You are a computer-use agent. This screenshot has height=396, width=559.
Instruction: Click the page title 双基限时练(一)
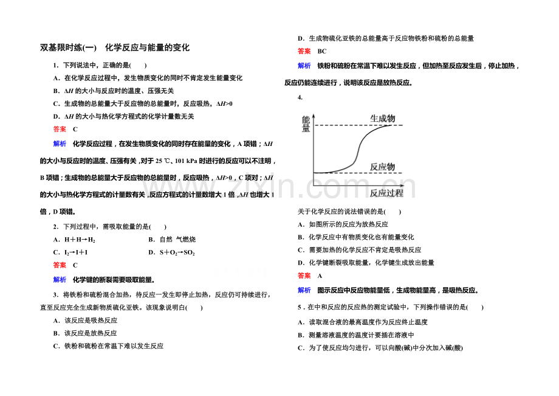point(68,48)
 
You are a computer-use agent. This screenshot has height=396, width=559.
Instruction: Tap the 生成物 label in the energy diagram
point(383,119)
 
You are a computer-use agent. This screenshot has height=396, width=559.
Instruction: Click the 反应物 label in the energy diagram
point(382,167)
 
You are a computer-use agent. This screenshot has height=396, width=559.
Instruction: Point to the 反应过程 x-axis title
point(386,193)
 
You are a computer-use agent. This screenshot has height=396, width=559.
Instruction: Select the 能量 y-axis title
point(306,124)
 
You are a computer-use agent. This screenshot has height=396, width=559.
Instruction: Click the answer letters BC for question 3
point(322,51)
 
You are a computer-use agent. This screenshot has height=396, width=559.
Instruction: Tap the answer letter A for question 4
point(320,276)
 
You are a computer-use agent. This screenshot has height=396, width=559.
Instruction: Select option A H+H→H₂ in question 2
point(74,240)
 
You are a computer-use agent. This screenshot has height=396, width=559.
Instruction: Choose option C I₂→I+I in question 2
point(70,252)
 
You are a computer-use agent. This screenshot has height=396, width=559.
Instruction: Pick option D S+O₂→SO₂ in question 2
point(171,252)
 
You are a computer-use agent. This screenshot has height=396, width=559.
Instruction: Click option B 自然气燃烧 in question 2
point(172,240)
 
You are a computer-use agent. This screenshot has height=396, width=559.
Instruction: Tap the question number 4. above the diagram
point(300,97)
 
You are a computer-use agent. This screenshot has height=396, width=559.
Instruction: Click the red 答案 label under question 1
point(60,129)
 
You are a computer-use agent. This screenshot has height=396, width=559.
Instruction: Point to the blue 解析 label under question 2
point(60,280)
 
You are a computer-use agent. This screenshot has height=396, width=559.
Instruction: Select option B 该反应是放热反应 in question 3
point(85,333)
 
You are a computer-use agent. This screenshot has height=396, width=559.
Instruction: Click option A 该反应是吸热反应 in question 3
point(85,321)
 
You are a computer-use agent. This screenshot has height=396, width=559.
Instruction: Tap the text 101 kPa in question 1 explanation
point(186,161)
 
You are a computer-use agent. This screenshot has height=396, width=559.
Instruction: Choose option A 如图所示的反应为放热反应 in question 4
point(343,224)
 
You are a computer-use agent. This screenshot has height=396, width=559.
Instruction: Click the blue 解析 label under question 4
point(304,290)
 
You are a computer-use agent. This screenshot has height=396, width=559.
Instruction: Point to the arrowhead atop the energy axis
point(314,116)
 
